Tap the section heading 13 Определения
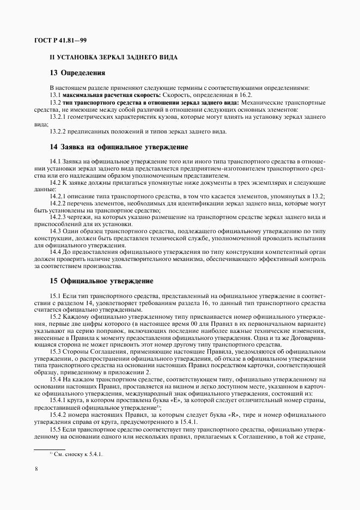pyautogui.click(x=77, y=73)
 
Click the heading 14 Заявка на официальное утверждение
pyautogui.click(x=119, y=147)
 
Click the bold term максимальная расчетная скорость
pyautogui.click(x=101, y=94)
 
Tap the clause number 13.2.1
pyautogui.click(x=57, y=117)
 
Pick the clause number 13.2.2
pyautogui.click(x=57, y=131)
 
